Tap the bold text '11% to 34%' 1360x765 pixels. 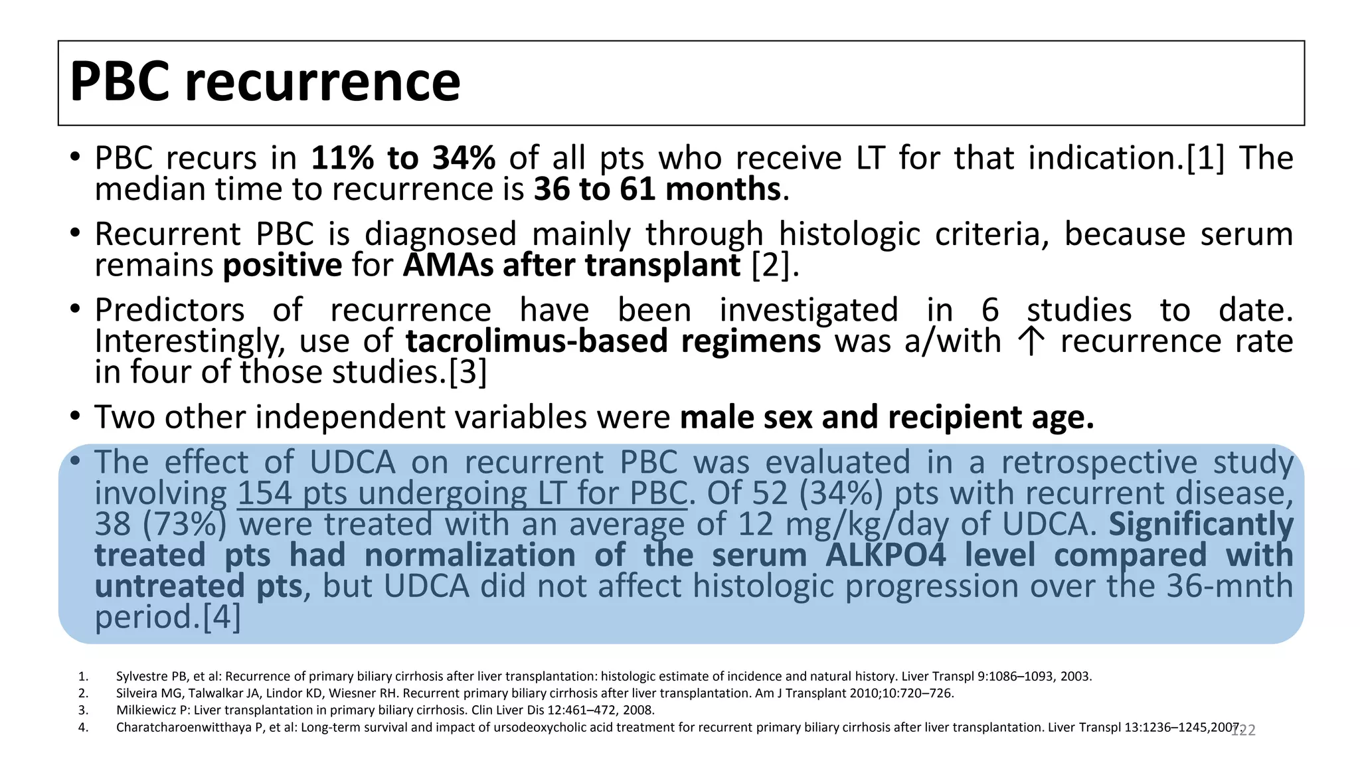tap(403, 158)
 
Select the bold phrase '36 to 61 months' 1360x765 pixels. tap(657, 189)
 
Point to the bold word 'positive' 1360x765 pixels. tap(282, 266)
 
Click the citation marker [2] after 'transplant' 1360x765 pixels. tap(771, 266)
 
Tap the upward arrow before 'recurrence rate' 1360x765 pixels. tap(1031, 342)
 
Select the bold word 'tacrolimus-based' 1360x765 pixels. tap(537, 341)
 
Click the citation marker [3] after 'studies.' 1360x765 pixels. tap(468, 372)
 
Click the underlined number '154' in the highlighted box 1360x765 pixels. tap(265, 493)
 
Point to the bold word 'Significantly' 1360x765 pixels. tap(1201, 524)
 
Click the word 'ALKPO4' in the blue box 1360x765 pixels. tap(885, 555)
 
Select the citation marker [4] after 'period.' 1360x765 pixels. tap(221, 617)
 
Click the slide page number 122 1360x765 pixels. tap(1244, 730)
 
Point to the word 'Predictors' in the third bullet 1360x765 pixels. tap(169, 310)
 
